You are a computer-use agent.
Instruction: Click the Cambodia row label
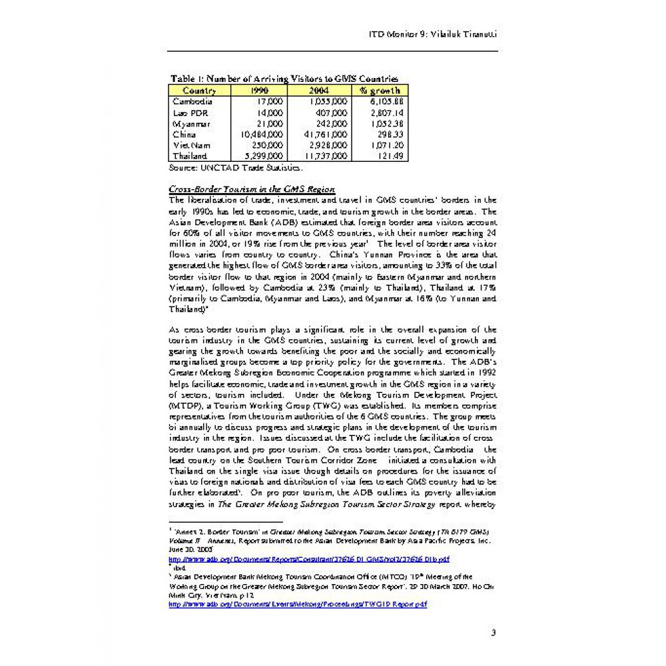(x=192, y=101)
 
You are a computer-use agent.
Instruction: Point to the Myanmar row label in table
(x=192, y=123)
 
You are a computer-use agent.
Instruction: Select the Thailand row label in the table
(x=190, y=156)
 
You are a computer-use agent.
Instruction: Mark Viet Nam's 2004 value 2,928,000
(x=328, y=145)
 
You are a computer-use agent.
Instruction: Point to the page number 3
(x=493, y=632)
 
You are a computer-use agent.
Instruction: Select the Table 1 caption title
(x=284, y=79)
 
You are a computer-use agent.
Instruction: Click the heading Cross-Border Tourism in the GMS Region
(x=252, y=188)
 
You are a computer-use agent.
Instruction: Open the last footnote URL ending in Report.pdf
(x=298, y=604)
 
